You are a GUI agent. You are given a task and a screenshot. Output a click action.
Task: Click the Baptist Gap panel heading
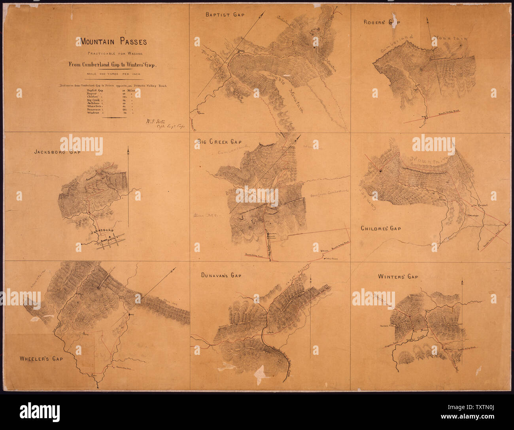pyautogui.click(x=225, y=15)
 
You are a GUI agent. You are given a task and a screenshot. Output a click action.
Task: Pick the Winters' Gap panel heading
pyautogui.click(x=398, y=277)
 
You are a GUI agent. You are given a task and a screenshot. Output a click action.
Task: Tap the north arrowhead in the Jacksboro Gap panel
pyautogui.click(x=128, y=150)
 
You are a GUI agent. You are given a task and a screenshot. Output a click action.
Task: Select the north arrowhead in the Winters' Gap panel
pyautogui.click(x=462, y=282)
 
